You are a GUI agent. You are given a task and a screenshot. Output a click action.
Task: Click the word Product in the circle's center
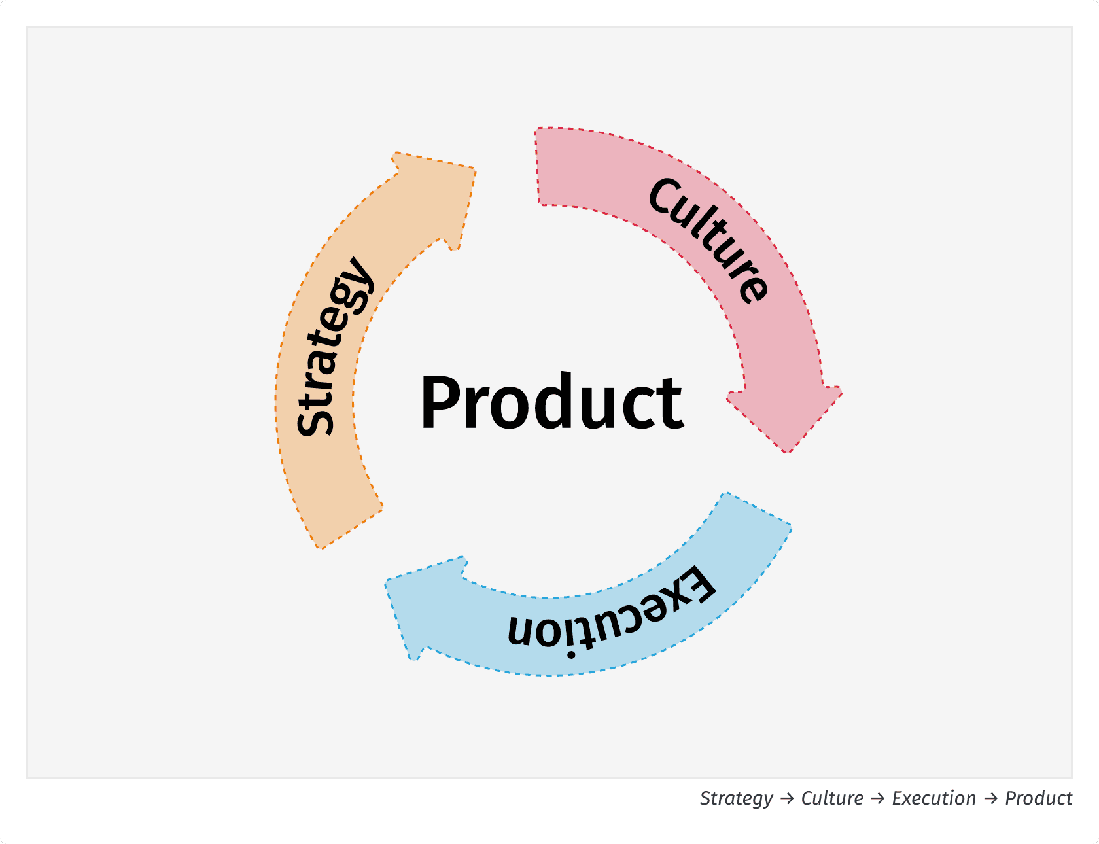tap(551, 402)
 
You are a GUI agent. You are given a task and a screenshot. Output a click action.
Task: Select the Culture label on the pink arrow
tap(709, 239)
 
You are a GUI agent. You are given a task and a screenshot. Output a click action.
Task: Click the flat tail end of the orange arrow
tap(350, 527)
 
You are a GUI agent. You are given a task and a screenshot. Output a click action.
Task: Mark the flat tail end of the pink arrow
tap(538, 166)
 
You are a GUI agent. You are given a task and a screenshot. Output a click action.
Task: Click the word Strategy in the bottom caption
tap(736, 799)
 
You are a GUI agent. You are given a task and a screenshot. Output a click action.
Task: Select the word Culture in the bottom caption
tap(832, 799)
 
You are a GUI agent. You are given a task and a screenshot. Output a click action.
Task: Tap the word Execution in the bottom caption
tap(933, 799)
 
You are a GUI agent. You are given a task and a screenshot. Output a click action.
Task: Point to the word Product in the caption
tap(1038, 799)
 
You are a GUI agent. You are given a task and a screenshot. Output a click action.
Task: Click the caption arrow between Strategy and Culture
tap(788, 799)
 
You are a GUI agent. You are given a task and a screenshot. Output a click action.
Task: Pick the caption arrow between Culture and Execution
tap(878, 799)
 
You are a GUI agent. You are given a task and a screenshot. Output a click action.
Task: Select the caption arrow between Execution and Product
tap(990, 799)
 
